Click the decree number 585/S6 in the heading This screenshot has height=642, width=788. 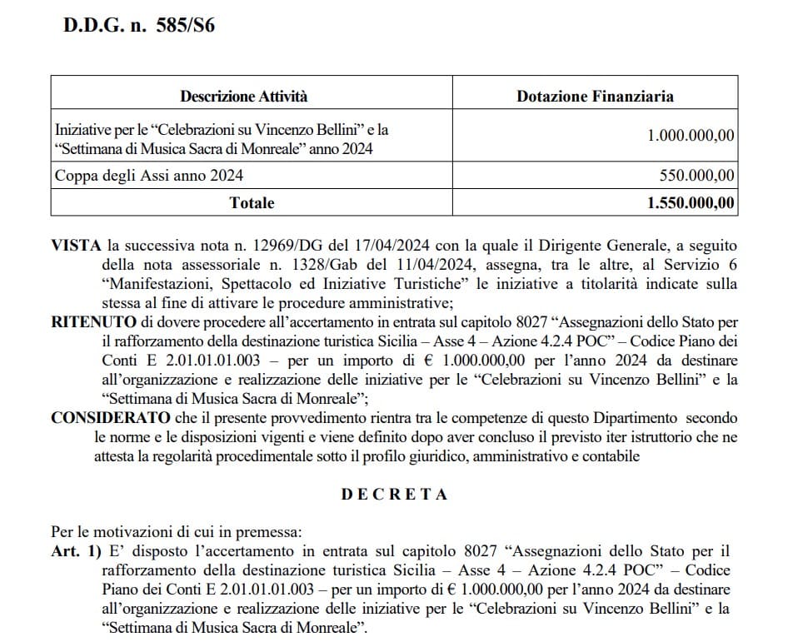point(185,24)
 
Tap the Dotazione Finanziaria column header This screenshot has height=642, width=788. point(595,96)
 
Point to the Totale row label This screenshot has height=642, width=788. point(252,202)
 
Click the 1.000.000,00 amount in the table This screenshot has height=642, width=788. point(691,135)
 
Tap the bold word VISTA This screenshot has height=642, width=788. point(76,246)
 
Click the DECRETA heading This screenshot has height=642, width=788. point(394,494)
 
